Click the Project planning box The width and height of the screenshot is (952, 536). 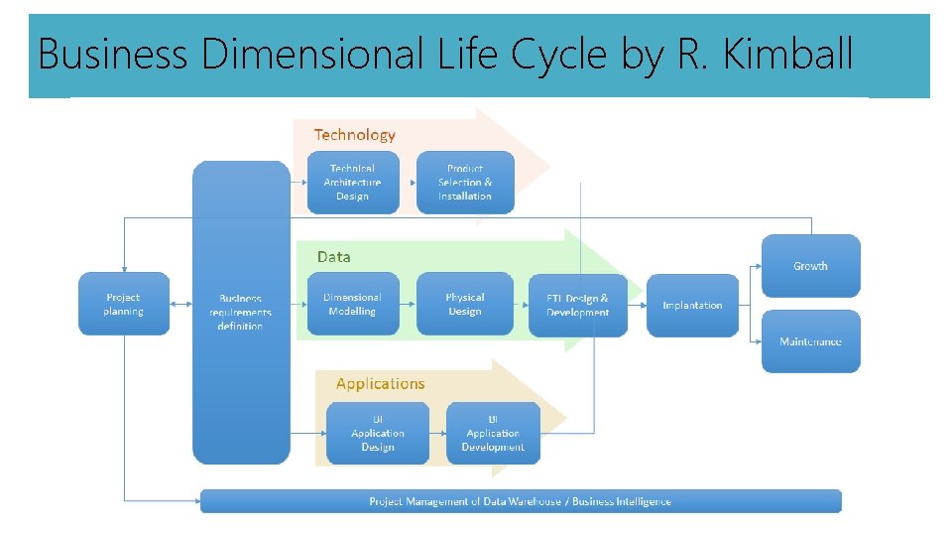(x=124, y=304)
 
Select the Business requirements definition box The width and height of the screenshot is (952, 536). (x=241, y=312)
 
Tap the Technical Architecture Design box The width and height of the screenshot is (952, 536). (x=353, y=183)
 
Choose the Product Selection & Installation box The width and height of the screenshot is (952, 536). (x=465, y=183)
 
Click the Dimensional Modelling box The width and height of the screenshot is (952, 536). (x=353, y=304)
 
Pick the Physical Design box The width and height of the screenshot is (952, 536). (x=465, y=304)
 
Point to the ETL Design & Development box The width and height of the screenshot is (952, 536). (x=578, y=305)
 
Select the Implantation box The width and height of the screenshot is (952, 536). (x=692, y=305)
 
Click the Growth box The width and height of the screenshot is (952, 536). (x=810, y=265)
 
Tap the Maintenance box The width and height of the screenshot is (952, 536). (x=810, y=341)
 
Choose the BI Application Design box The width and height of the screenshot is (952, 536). (x=378, y=433)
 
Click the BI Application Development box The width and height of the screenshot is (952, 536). (x=493, y=433)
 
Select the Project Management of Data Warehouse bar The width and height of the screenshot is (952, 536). (x=521, y=501)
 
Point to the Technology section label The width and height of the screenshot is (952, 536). (x=354, y=135)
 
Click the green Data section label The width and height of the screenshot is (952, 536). (x=333, y=257)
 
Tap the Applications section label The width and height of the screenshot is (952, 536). (x=380, y=384)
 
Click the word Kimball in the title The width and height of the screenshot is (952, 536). (x=788, y=54)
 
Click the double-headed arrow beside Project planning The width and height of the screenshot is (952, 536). (x=180, y=304)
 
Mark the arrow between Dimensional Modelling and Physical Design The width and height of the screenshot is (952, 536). (x=408, y=304)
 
